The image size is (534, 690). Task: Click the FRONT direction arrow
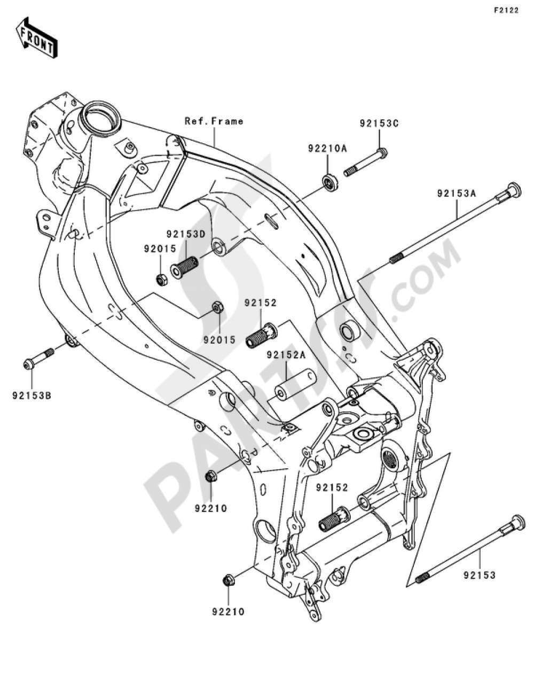click(x=36, y=37)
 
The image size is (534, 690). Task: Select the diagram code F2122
click(x=505, y=10)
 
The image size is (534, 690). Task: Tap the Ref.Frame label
click(x=214, y=121)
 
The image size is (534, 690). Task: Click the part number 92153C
click(x=379, y=123)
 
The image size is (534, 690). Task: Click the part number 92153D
click(x=185, y=234)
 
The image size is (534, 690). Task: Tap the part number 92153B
click(x=32, y=396)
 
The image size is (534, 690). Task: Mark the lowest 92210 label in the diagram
click(x=227, y=612)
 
